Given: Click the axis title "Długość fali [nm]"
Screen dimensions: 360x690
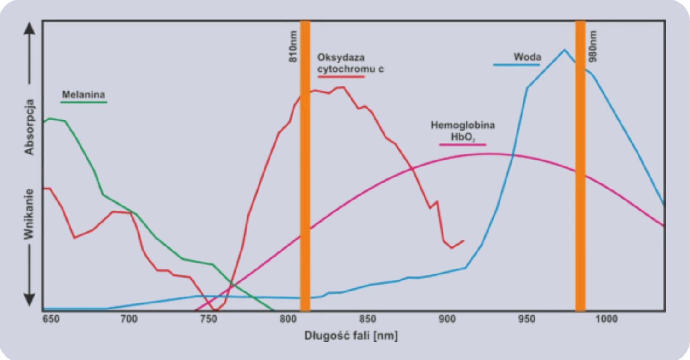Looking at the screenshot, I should (x=351, y=336).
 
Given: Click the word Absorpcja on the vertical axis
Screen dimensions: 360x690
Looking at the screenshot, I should (x=30, y=126).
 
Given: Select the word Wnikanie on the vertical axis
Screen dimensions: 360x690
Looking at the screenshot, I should (x=30, y=214).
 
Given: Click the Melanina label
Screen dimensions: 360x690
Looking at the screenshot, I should (x=80, y=94).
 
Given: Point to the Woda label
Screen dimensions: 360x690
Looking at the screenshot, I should (x=527, y=57).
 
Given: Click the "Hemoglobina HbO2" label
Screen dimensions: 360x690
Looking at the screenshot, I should (x=463, y=131).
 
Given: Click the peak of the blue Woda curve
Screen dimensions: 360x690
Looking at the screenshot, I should (x=564, y=50).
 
